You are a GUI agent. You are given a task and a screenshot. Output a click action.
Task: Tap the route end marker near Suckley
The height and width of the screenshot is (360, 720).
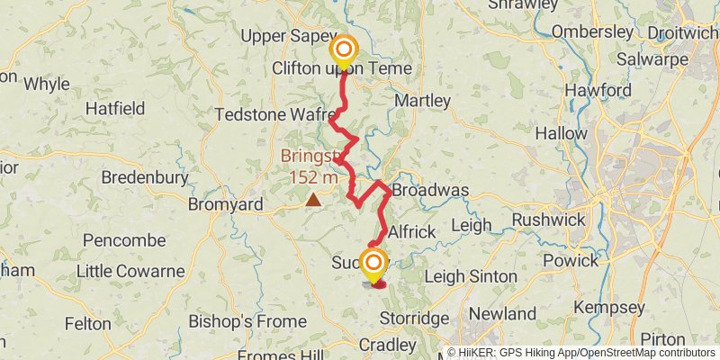(x=372, y=263)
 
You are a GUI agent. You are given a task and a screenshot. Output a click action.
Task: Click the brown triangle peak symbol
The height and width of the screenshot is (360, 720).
(x=313, y=200)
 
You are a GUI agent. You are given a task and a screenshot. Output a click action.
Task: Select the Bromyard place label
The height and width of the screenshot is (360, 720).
(x=225, y=204)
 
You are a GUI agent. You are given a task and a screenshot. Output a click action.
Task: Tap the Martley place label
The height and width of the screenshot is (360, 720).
(x=421, y=100)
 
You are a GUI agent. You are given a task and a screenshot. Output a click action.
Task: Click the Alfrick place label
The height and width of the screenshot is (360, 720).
(x=411, y=231)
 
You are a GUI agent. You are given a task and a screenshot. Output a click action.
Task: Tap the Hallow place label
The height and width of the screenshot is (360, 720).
(x=586, y=133)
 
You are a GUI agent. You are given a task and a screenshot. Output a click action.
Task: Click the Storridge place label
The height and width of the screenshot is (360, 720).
(x=414, y=319)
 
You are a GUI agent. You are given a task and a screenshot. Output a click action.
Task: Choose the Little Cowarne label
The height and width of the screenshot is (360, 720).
(x=130, y=271)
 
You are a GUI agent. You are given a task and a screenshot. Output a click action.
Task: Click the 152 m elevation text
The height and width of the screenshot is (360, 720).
(x=313, y=177)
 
